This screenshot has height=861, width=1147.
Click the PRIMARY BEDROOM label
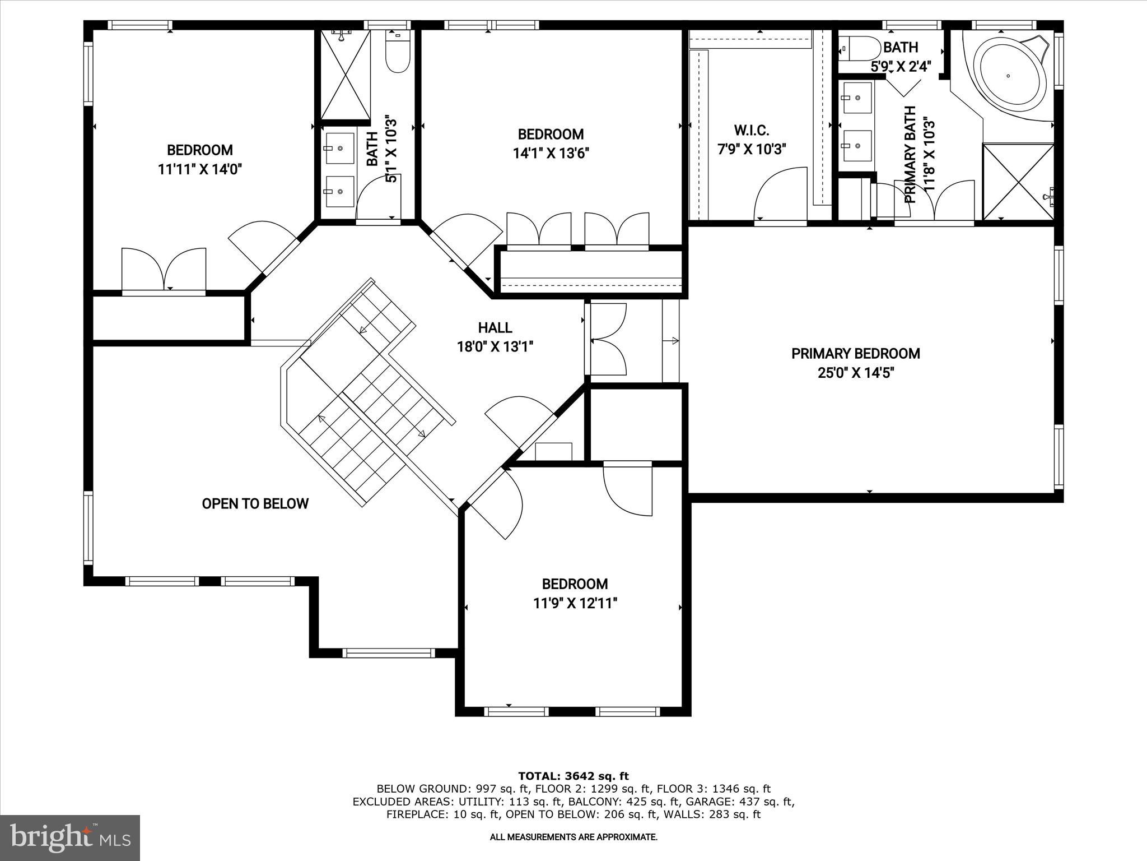855,354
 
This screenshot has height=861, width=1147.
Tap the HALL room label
495,327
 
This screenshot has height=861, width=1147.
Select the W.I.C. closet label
752,131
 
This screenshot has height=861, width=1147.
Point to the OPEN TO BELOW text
255,503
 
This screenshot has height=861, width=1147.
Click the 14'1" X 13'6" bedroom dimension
551,153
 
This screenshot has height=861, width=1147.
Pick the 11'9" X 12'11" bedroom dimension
575,603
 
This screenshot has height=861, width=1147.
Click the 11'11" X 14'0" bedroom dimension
199,169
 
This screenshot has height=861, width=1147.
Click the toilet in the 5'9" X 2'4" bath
859,49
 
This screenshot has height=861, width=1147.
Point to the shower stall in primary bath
1018,182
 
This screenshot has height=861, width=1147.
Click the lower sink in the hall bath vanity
340,191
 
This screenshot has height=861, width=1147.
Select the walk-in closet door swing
780,196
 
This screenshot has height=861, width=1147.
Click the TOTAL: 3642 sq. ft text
573,776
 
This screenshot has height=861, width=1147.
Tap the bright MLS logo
70,837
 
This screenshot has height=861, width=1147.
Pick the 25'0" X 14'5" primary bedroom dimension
855,373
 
